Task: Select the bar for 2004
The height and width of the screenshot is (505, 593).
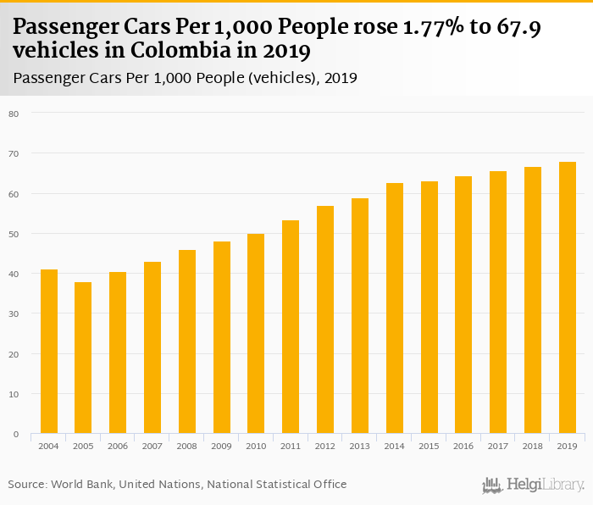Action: point(48,352)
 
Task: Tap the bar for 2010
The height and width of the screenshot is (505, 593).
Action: point(256,334)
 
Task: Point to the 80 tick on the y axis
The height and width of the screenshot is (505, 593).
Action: point(14,113)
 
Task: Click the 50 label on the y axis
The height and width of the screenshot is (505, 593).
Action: point(14,233)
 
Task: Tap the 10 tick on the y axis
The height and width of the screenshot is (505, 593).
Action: point(14,394)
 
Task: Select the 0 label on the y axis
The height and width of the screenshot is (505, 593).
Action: point(15,434)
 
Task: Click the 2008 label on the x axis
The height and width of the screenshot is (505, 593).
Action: point(186,446)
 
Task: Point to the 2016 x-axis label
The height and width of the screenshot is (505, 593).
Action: point(463,446)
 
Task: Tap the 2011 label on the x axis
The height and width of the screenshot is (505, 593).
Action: point(291,446)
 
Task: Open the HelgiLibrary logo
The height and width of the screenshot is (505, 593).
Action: point(533,485)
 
